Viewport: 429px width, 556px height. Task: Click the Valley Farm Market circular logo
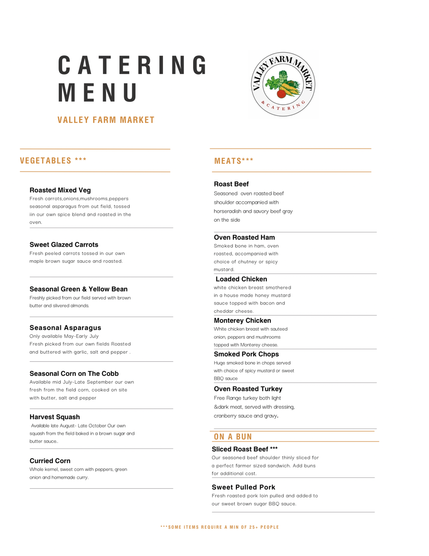click(x=283, y=84)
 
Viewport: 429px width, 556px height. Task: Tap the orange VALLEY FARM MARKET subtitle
click(x=106, y=120)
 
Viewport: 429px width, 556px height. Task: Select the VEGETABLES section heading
click(x=53, y=161)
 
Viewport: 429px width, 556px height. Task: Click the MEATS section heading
click(x=233, y=161)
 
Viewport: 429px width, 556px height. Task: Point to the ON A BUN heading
click(x=233, y=437)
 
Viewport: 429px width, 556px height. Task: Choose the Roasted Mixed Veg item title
click(x=60, y=190)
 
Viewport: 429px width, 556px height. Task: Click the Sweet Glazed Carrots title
click(x=64, y=245)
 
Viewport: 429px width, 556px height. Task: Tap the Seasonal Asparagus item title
click(x=65, y=328)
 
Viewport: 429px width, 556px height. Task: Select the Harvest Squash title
click(x=55, y=417)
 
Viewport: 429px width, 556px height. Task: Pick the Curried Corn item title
click(x=50, y=461)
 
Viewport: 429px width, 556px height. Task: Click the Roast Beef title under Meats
click(x=231, y=184)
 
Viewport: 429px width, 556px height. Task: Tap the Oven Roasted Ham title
click(x=244, y=238)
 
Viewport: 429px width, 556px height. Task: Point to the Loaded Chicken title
click(x=241, y=279)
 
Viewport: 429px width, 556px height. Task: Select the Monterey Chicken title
click(x=242, y=321)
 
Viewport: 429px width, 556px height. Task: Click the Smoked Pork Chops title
click(x=246, y=354)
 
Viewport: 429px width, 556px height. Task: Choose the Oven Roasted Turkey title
click(x=248, y=389)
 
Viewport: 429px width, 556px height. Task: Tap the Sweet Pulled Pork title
click(x=243, y=487)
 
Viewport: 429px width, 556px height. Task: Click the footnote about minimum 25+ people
click(x=219, y=527)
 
